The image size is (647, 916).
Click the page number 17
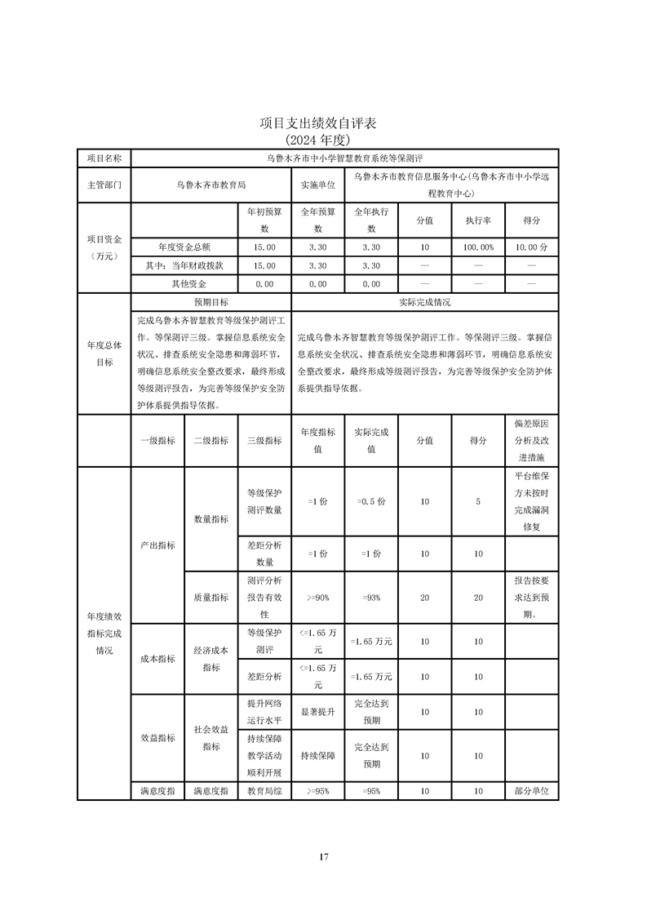pyautogui.click(x=323, y=856)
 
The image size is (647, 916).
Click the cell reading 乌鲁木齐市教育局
pyautogui.click(x=210, y=185)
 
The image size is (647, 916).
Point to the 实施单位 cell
pyautogui.click(x=317, y=185)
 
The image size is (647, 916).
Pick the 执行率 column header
pyautogui.click(x=478, y=220)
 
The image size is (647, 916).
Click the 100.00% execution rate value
pyautogui.click(x=478, y=247)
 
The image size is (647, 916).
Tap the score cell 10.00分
pyautogui.click(x=532, y=247)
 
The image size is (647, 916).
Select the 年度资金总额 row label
pyautogui.click(x=184, y=247)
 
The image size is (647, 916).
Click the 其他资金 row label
pyautogui.click(x=184, y=284)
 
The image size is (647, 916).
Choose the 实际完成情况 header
pyautogui.click(x=424, y=302)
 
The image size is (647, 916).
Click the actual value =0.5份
pyautogui.click(x=371, y=501)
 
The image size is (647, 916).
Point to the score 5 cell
pyautogui.click(x=478, y=501)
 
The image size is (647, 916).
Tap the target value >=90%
pyautogui.click(x=317, y=598)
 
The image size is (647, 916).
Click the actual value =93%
pyautogui.click(x=371, y=598)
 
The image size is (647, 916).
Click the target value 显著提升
pyautogui.click(x=317, y=712)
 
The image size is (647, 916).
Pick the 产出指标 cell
pyautogui.click(x=157, y=545)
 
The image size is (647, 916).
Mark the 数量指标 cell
pyautogui.click(x=210, y=518)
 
